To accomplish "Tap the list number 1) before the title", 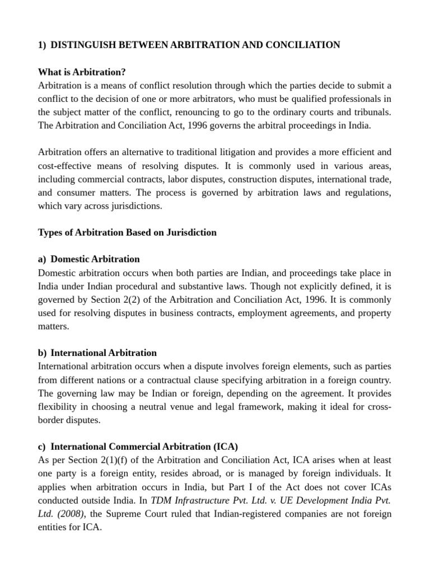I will pyautogui.click(x=42, y=45).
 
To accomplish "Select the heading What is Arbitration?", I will pyautogui.click(x=82, y=72).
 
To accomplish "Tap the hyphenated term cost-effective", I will pyautogui.click(x=68, y=166).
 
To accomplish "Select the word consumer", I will pyautogui.click(x=76, y=192).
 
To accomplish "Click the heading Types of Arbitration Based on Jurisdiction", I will pyautogui.click(x=127, y=232).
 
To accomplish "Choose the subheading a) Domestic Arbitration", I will pyautogui.click(x=89, y=259).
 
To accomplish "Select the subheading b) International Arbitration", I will pyautogui.click(x=97, y=353).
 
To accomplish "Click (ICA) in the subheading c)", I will pyautogui.click(x=225, y=447).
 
